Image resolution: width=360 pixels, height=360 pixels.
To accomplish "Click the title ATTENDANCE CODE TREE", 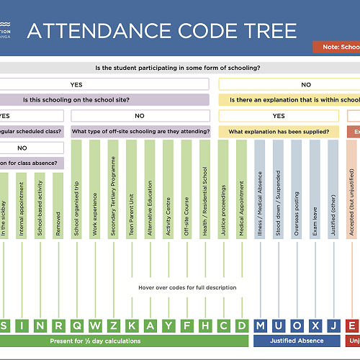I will click(161, 31).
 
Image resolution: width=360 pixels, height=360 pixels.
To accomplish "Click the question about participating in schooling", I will click(177, 68).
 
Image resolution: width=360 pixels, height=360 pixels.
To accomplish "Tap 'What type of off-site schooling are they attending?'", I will click(141, 132).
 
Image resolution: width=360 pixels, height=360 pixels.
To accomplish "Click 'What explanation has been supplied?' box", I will click(279, 132).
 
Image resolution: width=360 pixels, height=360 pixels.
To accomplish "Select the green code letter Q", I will click(77, 325).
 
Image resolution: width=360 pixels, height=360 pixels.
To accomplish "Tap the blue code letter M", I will click(260, 325).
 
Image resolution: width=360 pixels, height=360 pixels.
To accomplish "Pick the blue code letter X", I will click(315, 325).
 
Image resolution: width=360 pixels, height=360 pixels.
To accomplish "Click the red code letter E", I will click(352, 325).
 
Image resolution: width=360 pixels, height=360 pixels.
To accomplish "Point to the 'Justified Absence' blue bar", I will click(297, 341).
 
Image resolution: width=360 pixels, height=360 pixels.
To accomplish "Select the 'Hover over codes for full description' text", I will click(186, 287).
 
